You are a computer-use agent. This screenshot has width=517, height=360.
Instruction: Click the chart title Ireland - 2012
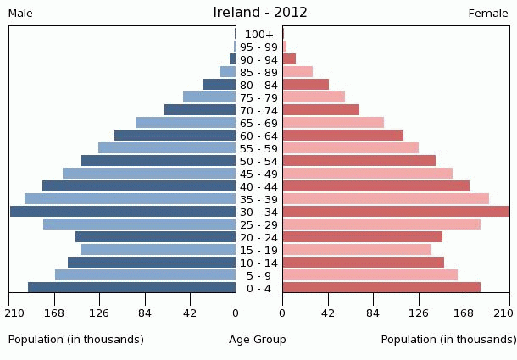[260, 13]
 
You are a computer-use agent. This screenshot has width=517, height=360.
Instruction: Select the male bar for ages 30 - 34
[123, 212]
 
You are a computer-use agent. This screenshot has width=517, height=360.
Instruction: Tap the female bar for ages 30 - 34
[395, 212]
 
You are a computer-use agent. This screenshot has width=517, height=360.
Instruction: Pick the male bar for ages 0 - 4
[132, 288]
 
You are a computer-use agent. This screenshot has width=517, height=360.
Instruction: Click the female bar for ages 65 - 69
[333, 123]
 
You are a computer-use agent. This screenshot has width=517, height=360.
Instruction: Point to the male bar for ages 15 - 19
[158, 250]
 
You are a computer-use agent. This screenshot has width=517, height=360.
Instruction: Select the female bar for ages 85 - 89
[297, 72]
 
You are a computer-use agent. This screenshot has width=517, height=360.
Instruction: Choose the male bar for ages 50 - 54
[158, 161]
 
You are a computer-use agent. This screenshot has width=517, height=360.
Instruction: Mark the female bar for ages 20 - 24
[362, 237]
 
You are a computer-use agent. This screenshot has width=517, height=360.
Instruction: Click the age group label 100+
[259, 34]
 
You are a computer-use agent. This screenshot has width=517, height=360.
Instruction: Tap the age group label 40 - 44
[259, 186]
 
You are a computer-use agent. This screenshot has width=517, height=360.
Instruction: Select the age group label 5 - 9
[259, 275]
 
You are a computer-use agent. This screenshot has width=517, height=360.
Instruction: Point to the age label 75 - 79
[259, 97]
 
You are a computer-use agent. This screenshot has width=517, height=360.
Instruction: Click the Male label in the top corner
[20, 13]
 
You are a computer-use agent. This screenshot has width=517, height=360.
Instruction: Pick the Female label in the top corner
[488, 13]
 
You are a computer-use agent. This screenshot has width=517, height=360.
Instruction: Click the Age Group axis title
[258, 340]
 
